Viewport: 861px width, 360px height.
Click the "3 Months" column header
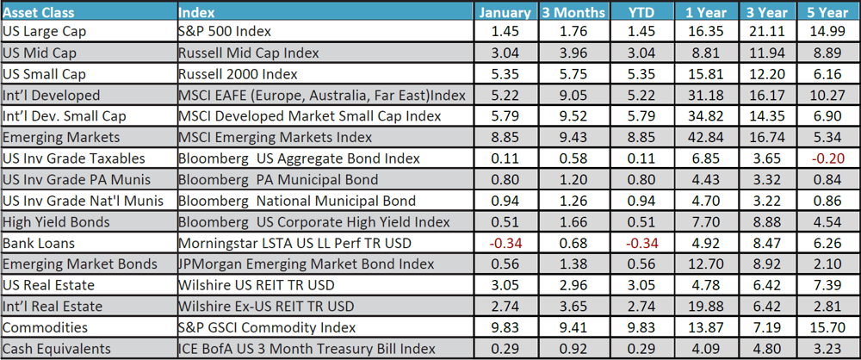(569, 12)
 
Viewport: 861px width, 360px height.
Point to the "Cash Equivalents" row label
(56, 349)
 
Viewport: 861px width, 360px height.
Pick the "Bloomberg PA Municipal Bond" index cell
(277, 180)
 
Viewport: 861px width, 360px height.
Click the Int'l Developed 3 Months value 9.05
(569, 96)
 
